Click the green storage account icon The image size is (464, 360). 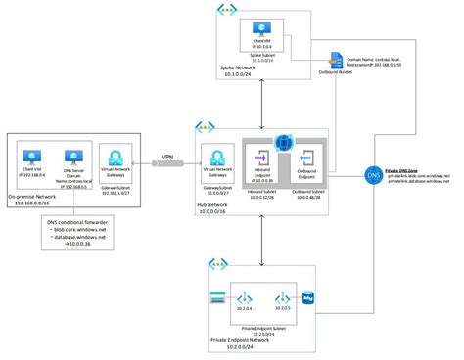tap(216, 296)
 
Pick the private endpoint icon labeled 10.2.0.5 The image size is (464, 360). tap(284, 296)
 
